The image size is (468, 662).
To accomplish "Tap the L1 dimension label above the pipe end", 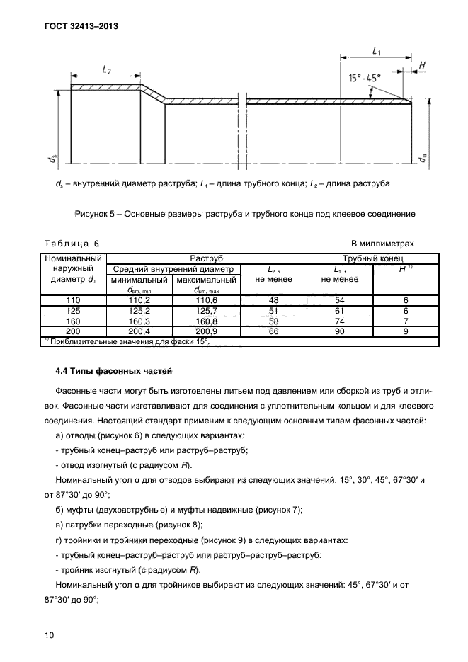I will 377,51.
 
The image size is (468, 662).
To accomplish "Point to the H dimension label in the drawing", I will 422,66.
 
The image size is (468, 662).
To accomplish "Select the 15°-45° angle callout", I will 365,77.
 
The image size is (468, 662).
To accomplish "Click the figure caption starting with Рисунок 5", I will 244,213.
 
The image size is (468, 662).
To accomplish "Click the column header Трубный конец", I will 372,258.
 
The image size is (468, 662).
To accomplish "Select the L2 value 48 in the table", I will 273,300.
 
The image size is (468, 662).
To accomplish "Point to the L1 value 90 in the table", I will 339,331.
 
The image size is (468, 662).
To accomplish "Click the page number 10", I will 49,635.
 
